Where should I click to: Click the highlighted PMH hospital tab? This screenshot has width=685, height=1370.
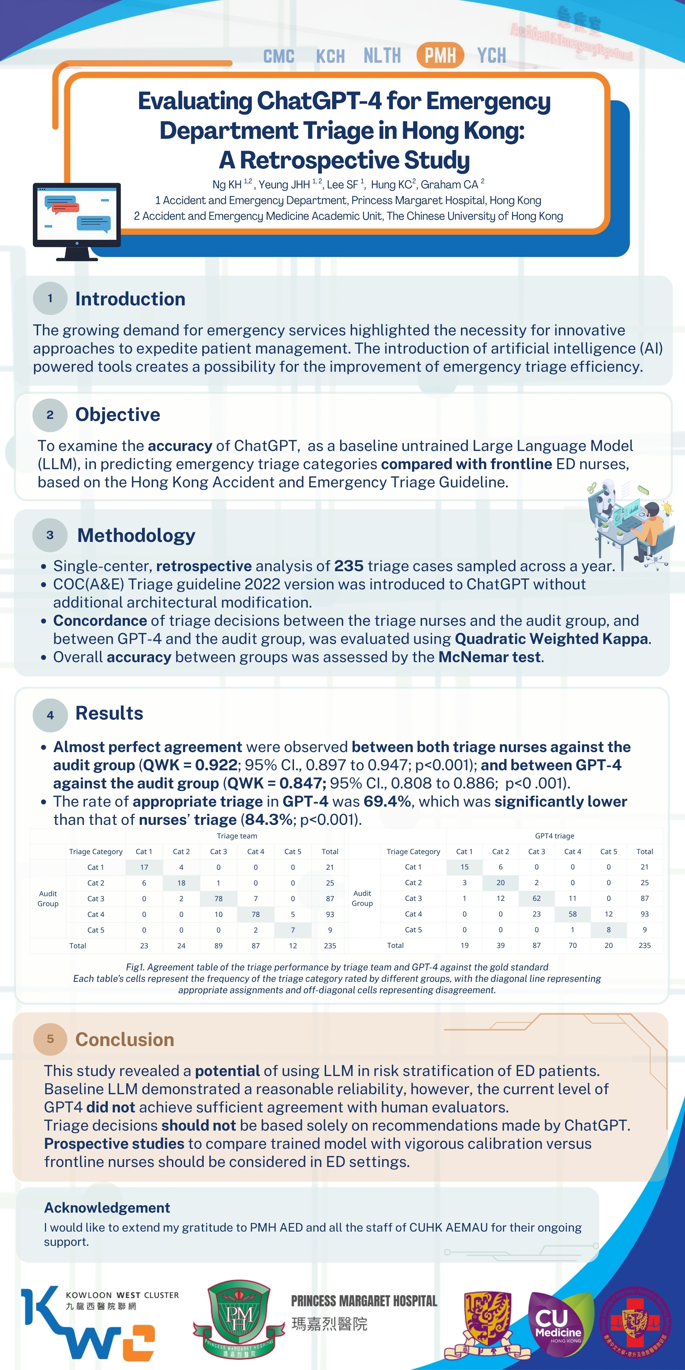click(x=440, y=55)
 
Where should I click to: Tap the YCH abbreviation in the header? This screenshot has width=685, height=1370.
click(x=491, y=55)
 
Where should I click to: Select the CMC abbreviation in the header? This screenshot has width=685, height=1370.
click(x=279, y=56)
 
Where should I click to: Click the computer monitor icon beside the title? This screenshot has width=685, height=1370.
click(x=77, y=221)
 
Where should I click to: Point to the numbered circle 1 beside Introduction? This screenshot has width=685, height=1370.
click(x=50, y=298)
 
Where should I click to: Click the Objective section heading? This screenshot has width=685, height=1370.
click(x=117, y=414)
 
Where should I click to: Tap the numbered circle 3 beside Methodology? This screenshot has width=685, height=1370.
click(x=50, y=535)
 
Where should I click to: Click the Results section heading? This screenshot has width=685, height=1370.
click(x=109, y=713)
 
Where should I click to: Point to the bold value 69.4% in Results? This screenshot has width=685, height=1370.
click(x=387, y=801)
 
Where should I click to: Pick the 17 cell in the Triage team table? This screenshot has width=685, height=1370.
click(x=144, y=867)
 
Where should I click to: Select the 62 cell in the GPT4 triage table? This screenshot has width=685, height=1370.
click(x=536, y=898)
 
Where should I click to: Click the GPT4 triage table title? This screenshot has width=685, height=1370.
click(x=554, y=836)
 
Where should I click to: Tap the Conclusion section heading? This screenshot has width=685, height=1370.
click(x=125, y=1040)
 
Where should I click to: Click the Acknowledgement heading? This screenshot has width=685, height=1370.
click(x=107, y=1208)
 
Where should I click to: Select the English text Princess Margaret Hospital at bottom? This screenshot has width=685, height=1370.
click(x=364, y=1301)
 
